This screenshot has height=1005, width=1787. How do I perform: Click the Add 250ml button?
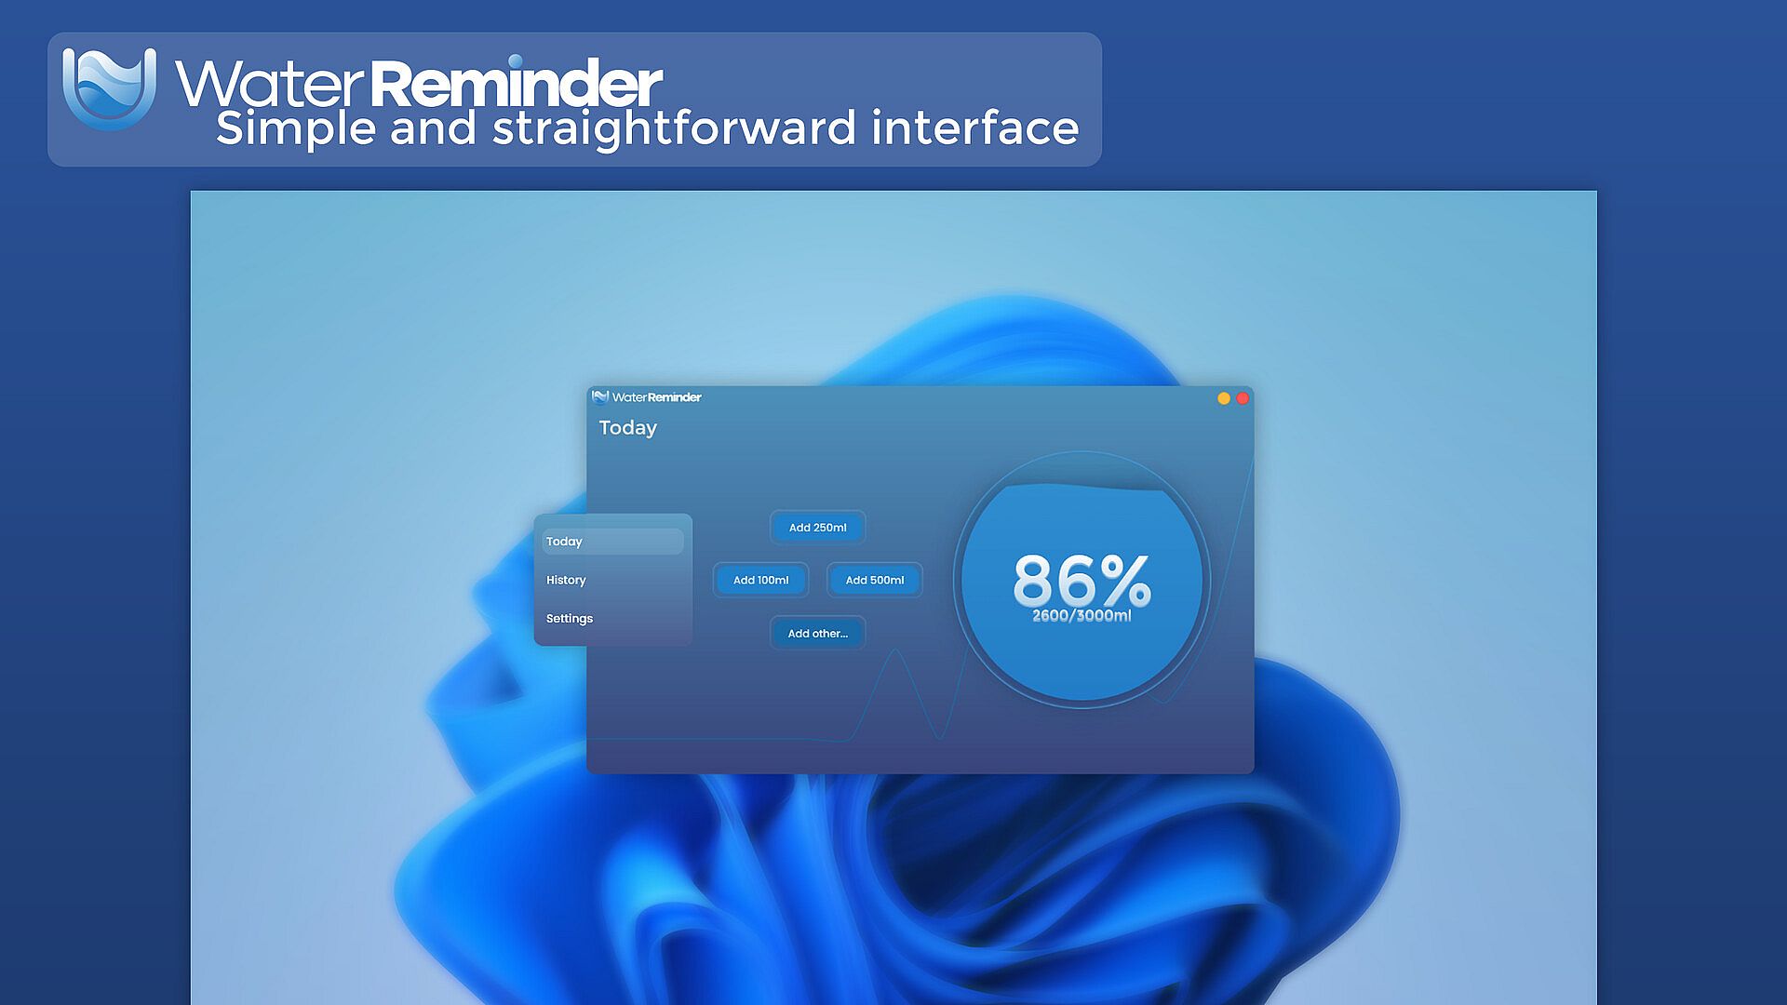[x=817, y=528]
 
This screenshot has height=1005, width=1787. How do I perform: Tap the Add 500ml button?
[x=874, y=580]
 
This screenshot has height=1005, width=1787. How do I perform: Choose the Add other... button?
[x=817, y=633]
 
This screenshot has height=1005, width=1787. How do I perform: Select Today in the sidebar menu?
[x=612, y=542]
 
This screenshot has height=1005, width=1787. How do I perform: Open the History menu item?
[x=566, y=580]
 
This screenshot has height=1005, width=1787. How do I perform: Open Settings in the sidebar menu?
[x=569, y=619]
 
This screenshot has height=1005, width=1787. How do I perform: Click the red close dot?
[x=1242, y=398]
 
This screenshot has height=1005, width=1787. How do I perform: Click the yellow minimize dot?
[x=1224, y=398]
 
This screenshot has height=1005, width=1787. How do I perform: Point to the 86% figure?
[x=1082, y=580]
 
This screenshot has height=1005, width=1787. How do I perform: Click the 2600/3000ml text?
[x=1082, y=616]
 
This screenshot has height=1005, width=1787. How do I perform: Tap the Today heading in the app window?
[x=628, y=428]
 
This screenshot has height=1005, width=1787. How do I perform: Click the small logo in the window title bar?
[x=600, y=397]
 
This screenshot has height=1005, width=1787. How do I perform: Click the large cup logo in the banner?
[x=109, y=88]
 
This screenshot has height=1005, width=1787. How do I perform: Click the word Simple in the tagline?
[x=295, y=127]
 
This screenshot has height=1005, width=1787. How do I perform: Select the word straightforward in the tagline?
[x=674, y=127]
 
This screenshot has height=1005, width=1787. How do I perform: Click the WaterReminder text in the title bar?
[x=656, y=397]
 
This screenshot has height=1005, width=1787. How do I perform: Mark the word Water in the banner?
[x=270, y=84]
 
